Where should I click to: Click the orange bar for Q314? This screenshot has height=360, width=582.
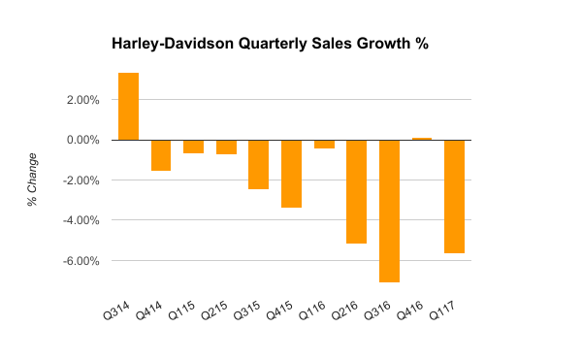coord(128,106)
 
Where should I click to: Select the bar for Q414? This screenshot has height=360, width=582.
coord(161,155)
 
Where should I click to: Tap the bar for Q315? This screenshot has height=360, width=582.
coord(258,164)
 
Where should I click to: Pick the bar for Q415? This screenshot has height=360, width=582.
coord(291,174)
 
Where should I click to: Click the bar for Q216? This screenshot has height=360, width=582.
coord(356,191)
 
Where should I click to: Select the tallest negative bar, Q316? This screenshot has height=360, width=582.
coord(389,211)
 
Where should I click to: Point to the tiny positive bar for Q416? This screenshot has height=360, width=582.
coord(422,139)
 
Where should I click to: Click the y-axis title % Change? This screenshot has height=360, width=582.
coord(33,180)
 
